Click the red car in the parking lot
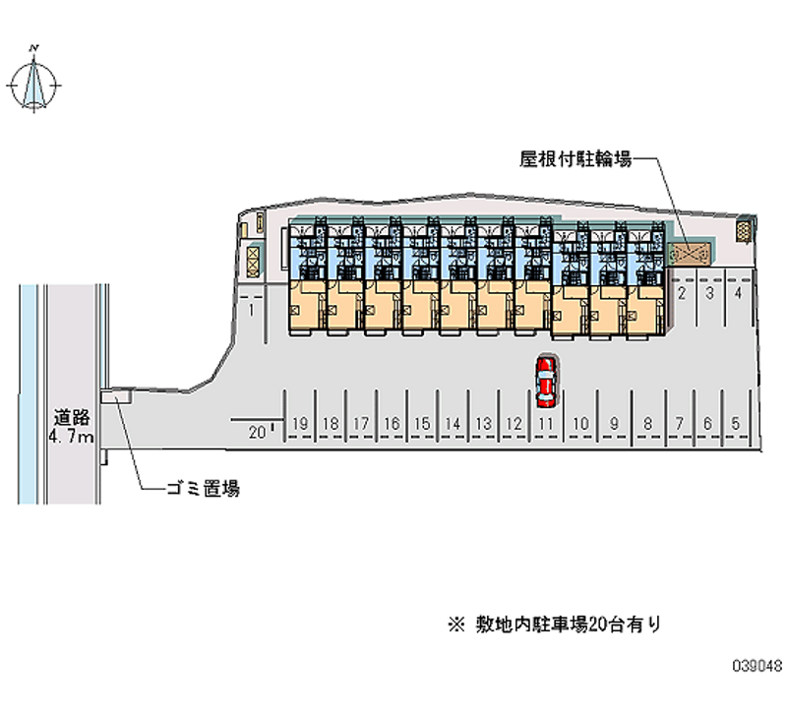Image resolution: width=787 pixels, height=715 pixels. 546,383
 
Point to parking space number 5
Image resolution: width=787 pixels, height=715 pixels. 736,424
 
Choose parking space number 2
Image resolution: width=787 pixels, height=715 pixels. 682,293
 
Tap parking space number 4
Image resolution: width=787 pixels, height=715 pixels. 738,293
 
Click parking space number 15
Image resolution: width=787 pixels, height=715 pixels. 421,424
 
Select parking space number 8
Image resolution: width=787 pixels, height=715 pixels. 647,424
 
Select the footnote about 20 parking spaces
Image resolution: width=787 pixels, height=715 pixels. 555,622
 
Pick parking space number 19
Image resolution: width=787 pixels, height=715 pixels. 301,424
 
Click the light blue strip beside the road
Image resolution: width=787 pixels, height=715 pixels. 30,393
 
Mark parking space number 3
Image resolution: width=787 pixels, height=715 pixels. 709,293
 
